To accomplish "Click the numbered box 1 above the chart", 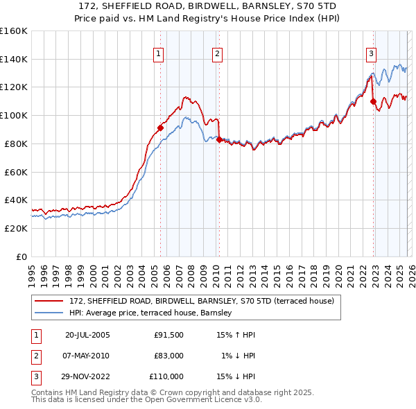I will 159,53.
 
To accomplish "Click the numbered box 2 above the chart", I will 217,53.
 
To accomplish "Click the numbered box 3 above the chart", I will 372,53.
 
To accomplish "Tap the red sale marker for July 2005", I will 160,128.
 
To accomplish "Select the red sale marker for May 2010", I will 219,139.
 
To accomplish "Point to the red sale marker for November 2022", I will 373,101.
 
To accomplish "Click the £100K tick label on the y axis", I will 13,115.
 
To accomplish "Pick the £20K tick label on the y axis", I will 15,228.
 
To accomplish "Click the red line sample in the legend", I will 49,301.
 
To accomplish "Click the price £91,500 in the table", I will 168,335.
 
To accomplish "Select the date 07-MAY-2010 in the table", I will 87,356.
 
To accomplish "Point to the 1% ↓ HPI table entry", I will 239,356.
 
